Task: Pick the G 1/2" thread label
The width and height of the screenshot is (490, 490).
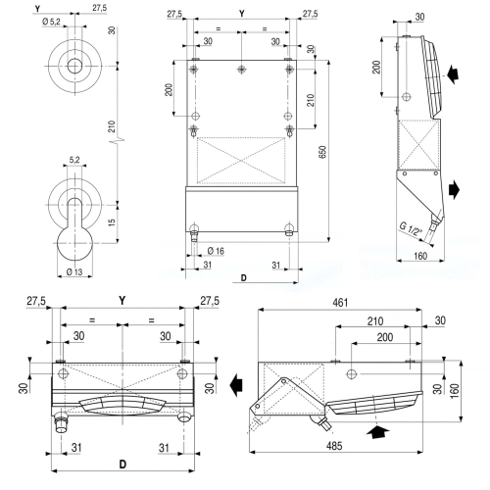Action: click(411, 232)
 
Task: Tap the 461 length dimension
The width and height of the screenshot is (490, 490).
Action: click(339, 304)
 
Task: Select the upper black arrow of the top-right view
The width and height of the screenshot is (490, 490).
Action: click(452, 73)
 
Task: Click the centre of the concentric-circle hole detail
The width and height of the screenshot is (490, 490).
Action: click(75, 66)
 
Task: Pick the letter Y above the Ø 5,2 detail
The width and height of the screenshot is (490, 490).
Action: click(64, 9)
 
